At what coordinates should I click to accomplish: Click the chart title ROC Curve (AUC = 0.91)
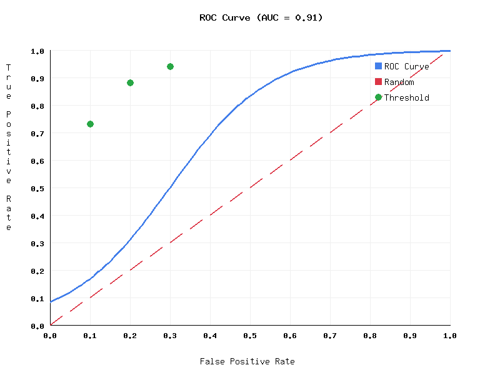261,17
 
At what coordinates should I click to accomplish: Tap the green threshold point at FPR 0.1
90,124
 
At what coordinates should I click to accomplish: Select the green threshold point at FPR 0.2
130,82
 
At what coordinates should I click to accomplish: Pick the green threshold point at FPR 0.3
170,66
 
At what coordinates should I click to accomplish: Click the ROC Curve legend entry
406,66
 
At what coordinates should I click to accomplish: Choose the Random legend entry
399,82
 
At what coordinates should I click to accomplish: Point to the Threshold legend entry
406,97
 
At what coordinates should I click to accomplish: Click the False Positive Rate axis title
247,361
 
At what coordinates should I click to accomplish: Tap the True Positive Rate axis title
9,147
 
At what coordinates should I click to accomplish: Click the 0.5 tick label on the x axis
250,336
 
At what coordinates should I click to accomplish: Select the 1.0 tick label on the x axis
450,336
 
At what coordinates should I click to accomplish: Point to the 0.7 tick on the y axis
37,133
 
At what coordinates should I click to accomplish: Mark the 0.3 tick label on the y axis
37,243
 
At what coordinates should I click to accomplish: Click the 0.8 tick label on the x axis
370,336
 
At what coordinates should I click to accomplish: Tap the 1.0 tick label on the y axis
37,51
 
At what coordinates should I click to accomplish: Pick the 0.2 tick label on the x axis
130,336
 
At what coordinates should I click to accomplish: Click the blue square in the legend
378,66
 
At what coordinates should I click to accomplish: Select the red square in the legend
378,82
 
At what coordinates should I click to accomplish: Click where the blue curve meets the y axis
51,301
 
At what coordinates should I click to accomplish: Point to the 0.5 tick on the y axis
37,188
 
